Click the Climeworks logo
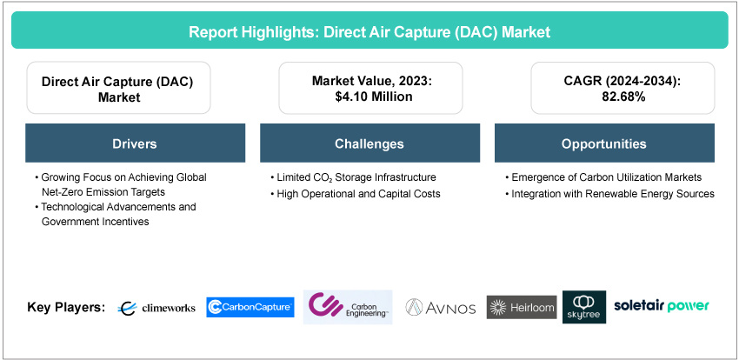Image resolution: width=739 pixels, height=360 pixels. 156,308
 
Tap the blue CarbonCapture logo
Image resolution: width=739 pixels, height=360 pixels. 250,307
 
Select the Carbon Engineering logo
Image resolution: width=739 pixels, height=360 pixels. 348,307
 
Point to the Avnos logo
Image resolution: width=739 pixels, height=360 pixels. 441,308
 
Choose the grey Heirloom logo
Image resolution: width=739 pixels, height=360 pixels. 522,307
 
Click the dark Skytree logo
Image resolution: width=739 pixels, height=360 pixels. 584,307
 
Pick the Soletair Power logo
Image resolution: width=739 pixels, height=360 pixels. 662,306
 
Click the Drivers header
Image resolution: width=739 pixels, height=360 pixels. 135,143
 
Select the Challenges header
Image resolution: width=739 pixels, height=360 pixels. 369,143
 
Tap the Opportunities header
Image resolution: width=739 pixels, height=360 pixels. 604,143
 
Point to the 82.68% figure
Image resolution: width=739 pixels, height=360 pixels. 623,97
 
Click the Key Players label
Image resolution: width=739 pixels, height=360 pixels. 66,307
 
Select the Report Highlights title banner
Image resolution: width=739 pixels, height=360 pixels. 369,30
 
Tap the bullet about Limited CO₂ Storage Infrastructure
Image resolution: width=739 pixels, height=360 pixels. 354,177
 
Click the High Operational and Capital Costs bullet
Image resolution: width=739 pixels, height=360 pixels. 356,194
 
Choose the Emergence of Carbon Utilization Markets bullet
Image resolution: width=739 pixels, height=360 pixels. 603,177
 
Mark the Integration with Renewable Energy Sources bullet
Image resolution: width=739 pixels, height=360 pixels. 609,194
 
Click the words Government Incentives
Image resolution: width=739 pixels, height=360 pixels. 96,222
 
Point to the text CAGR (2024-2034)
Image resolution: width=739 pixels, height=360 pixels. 623,81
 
